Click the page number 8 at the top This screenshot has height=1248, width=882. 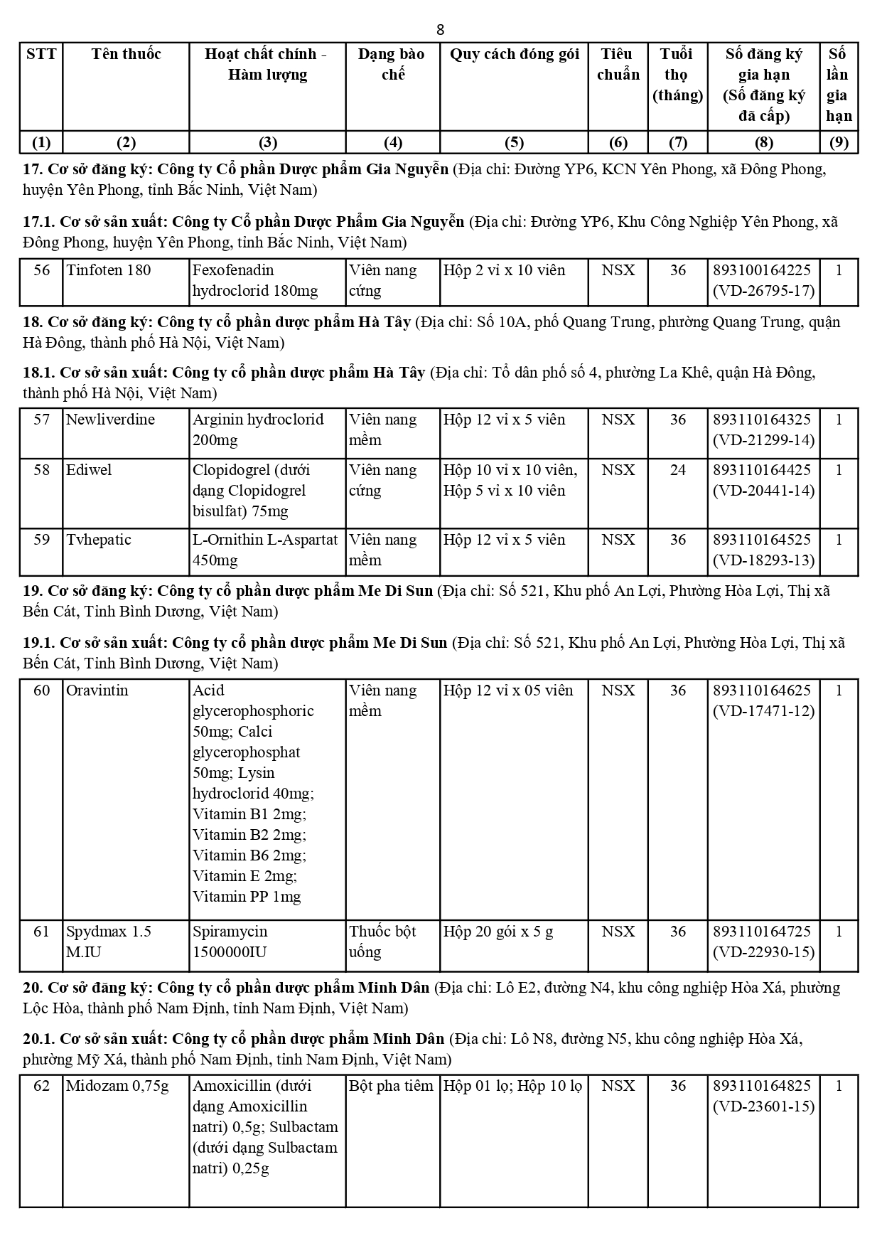click(x=441, y=29)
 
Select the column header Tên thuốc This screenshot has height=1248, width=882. click(x=126, y=54)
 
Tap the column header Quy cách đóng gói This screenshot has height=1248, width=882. click(x=514, y=54)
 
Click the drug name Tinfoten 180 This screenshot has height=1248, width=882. click(x=109, y=270)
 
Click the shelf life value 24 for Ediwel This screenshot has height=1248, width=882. click(x=677, y=470)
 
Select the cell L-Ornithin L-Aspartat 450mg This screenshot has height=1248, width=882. click(x=265, y=550)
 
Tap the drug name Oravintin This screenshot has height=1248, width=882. click(x=97, y=690)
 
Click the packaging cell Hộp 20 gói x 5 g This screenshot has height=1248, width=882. click(x=498, y=932)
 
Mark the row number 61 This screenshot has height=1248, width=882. click(x=42, y=932)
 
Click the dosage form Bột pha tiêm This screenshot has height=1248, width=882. click(x=391, y=1086)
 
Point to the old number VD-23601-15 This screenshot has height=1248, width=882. click(x=764, y=1106)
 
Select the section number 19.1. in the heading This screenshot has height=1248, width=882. click(x=38, y=643)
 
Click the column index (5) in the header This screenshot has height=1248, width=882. click(x=514, y=142)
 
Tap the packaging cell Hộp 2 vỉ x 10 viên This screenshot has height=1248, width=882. click(x=505, y=270)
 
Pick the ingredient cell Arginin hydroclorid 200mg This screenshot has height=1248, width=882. click(x=258, y=430)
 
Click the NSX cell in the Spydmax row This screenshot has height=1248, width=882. click(x=618, y=932)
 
